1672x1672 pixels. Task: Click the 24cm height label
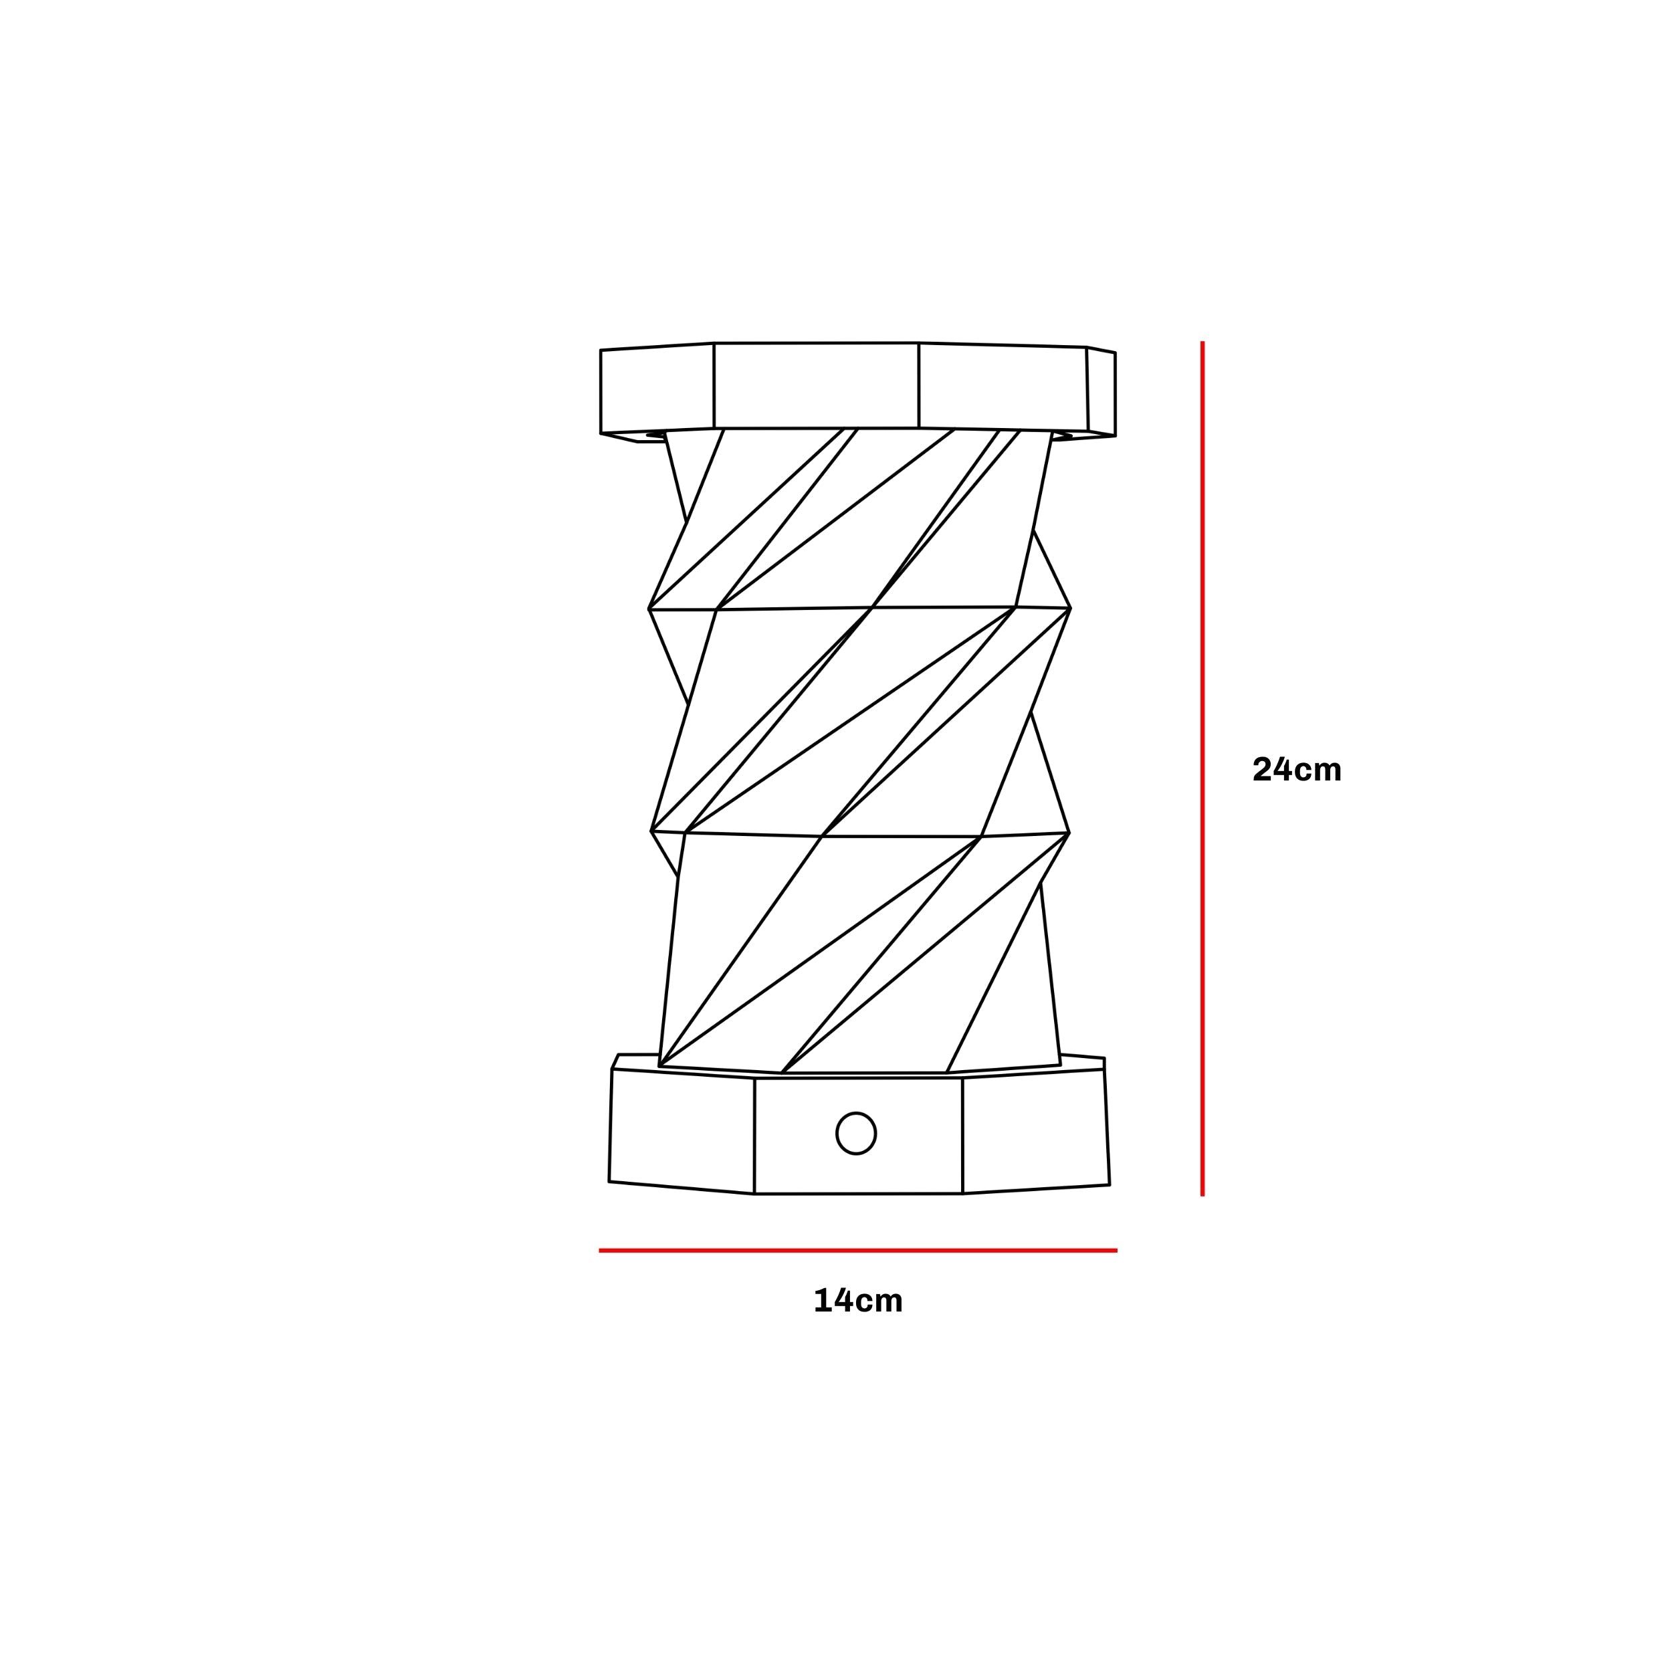[1296, 769]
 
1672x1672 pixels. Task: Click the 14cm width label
[857, 1301]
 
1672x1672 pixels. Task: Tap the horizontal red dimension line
[857, 1251]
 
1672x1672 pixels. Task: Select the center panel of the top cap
[815, 385]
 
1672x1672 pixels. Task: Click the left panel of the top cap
[657, 389]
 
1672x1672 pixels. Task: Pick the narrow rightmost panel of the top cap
[1102, 391]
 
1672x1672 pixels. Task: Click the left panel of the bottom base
[682, 1132]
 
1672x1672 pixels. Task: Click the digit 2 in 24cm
[1262, 769]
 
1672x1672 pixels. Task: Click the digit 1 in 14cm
[822, 1301]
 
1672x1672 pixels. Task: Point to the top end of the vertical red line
[1202, 344]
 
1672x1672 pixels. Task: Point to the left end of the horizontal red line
[601, 1251]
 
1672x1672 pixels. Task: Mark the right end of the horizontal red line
[1116, 1251]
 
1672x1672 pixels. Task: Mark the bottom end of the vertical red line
[1202, 1194]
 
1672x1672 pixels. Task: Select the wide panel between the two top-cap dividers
[815, 385]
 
